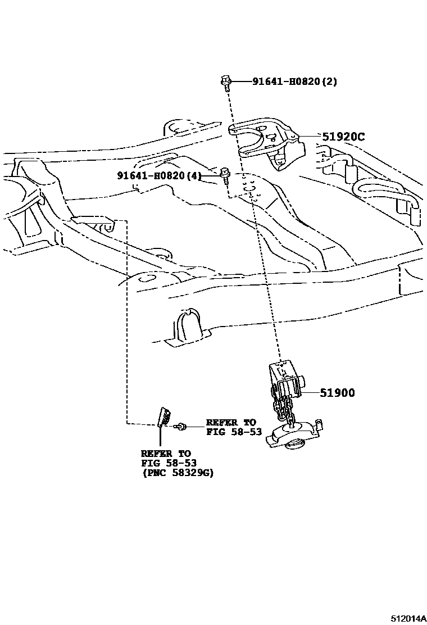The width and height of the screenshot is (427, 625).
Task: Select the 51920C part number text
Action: point(343,137)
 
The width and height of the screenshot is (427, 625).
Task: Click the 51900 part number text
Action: point(337,393)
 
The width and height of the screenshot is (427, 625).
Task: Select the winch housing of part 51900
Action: point(287,379)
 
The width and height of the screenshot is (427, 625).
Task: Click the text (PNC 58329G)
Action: point(177,473)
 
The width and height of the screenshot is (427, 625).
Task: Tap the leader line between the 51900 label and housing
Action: point(311,393)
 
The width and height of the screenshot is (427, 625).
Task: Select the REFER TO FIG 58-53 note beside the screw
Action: point(230,427)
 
